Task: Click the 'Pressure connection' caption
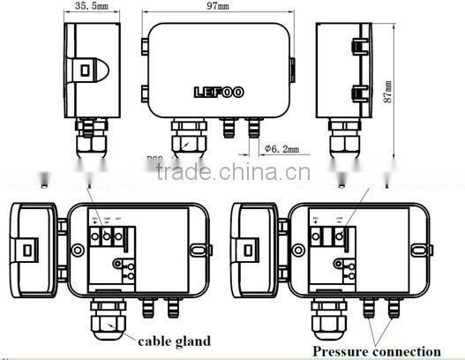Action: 376,351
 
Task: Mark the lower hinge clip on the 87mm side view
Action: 359,93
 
